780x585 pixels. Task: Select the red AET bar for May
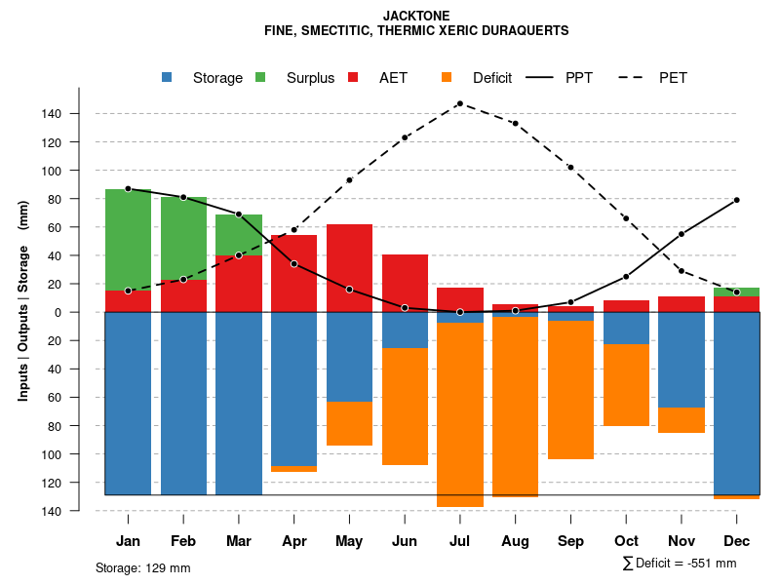(350, 268)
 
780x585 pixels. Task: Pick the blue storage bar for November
(682, 360)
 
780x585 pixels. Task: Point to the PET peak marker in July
(460, 103)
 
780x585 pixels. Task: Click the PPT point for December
(737, 200)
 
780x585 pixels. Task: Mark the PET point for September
(570, 168)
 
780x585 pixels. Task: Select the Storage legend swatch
(168, 78)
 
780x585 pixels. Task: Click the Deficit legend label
(492, 78)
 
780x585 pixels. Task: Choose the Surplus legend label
(310, 78)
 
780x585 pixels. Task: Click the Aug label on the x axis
(515, 541)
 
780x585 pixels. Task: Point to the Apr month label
(294, 541)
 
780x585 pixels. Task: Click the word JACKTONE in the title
(416, 17)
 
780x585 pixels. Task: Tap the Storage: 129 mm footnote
(143, 567)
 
